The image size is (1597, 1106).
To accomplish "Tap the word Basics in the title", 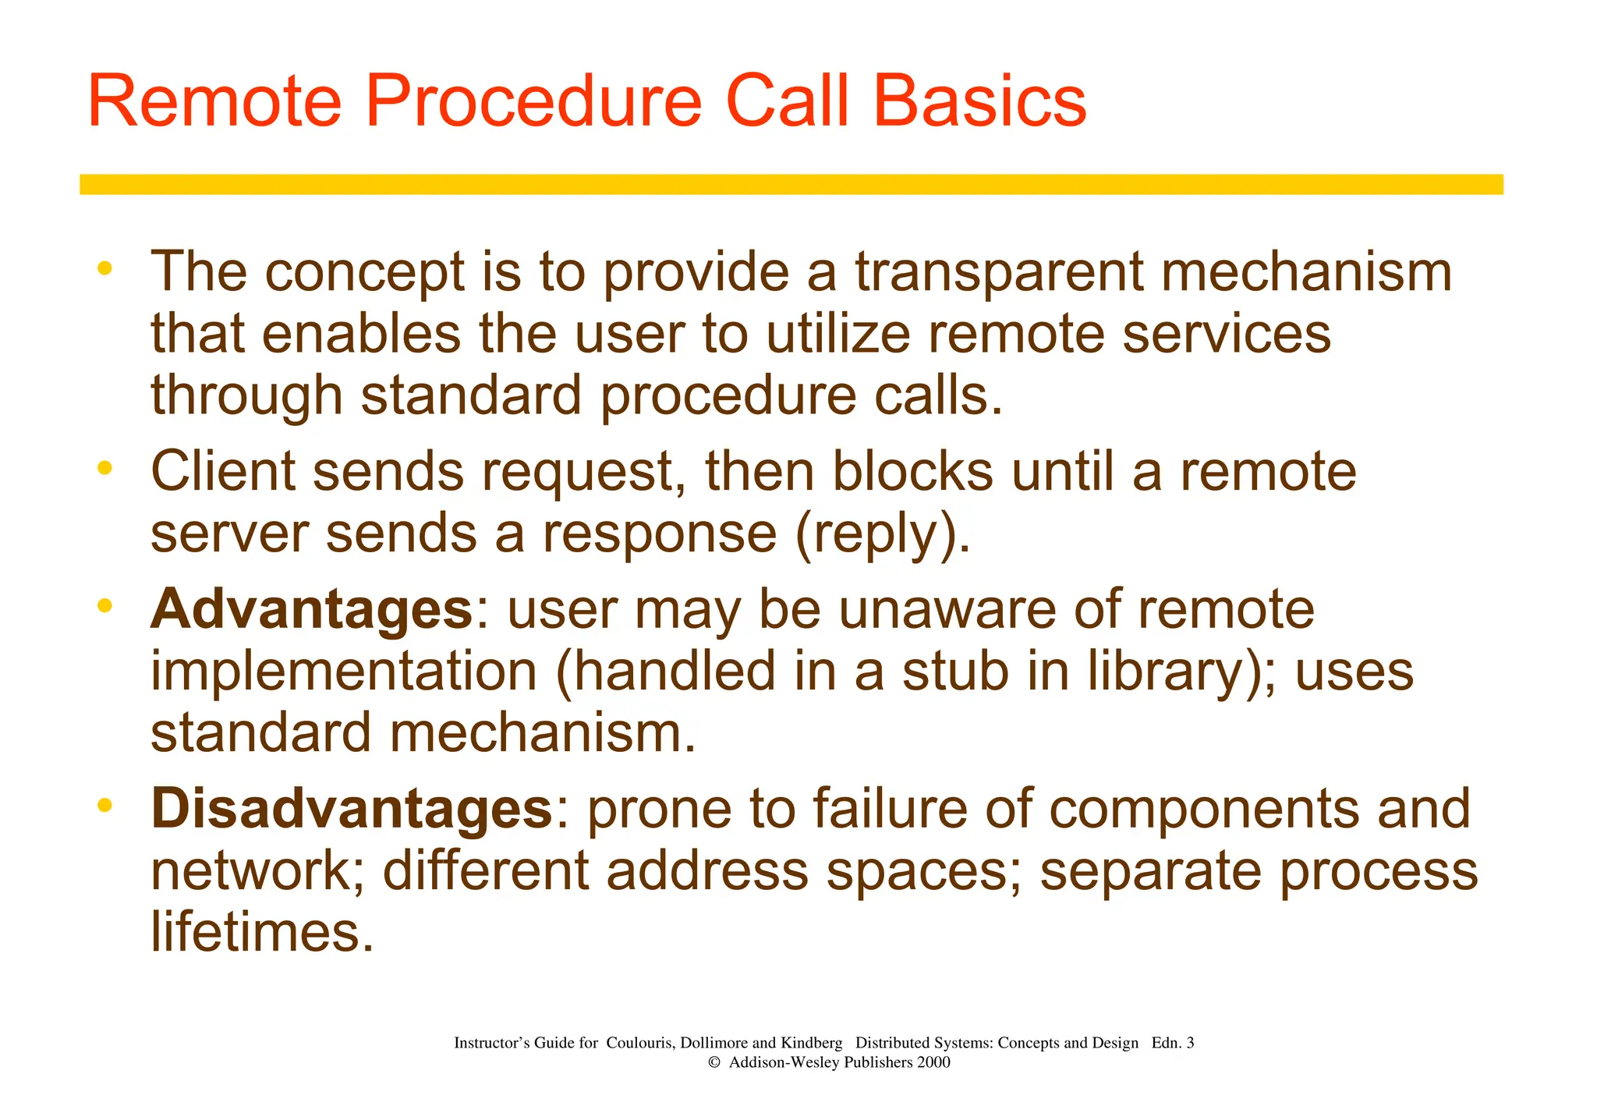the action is click(x=979, y=101).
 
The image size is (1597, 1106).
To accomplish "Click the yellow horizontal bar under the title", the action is click(x=791, y=184).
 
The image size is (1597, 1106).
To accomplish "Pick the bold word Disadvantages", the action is click(x=352, y=809).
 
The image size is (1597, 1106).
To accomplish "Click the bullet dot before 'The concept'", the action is click(x=104, y=269).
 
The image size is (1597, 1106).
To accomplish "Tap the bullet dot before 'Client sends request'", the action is click(x=104, y=469).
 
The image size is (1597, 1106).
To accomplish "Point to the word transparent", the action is click(x=999, y=273).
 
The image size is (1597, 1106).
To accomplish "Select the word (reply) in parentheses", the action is click(x=881, y=535).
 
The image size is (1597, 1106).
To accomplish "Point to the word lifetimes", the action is click(x=262, y=932).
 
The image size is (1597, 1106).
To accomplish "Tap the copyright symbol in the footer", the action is click(x=713, y=1063).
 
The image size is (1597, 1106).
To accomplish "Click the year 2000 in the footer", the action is click(x=933, y=1062).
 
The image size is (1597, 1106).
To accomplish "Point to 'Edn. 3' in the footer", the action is click(x=1172, y=1043).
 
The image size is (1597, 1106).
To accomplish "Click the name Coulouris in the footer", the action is click(x=639, y=1043).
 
